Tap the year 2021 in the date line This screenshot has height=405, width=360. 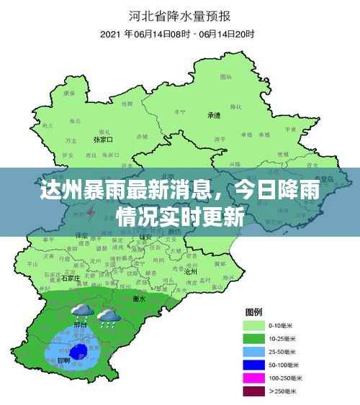tap(111, 34)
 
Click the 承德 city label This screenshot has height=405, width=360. tap(214, 115)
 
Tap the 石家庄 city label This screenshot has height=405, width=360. tap(70, 277)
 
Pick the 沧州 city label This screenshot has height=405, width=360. tap(191, 272)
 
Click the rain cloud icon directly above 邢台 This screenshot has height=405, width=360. tap(81, 311)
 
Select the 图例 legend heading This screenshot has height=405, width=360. tap(253, 311)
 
